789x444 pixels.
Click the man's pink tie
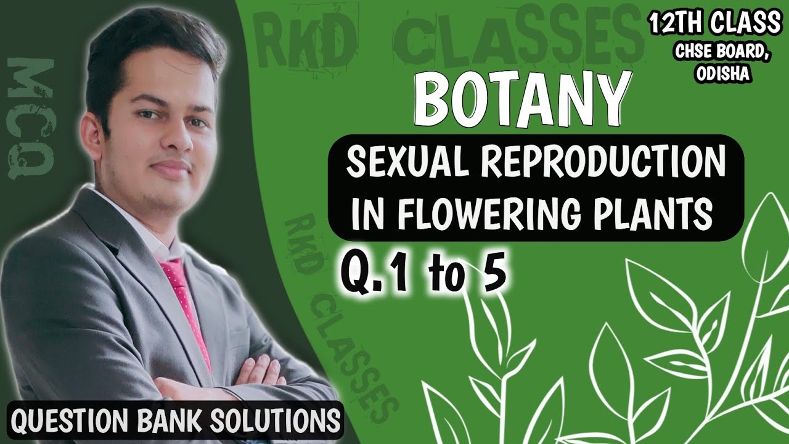tap(184, 302)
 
